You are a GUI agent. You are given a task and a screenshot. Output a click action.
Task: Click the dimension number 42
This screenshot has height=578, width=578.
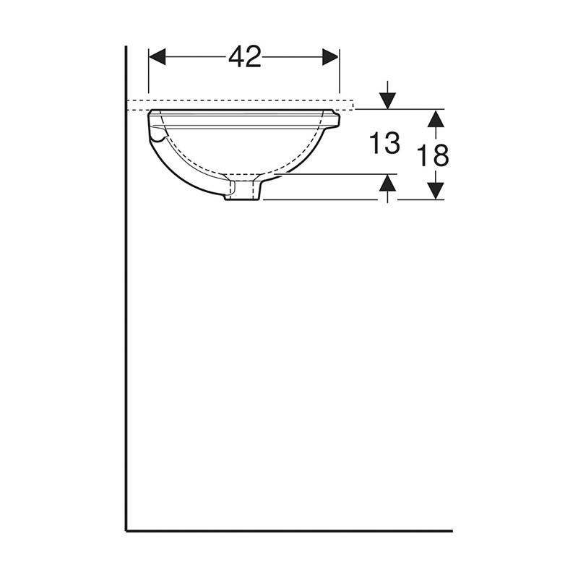tap(244, 56)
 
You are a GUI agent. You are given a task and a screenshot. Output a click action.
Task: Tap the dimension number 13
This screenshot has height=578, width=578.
tap(385, 144)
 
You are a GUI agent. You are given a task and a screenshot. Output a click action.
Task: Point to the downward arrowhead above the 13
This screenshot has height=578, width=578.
tap(388, 100)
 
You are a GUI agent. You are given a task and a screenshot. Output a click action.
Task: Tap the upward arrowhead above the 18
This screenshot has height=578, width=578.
tap(434, 118)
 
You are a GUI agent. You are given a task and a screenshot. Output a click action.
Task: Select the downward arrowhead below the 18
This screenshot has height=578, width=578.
tap(434, 191)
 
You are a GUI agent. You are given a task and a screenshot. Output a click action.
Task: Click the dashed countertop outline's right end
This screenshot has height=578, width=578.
tap(353, 105)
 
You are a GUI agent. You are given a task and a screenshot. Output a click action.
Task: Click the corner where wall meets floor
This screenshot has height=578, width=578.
tap(126, 530)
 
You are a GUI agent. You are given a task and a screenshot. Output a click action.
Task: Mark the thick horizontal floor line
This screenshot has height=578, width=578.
tap(289, 530)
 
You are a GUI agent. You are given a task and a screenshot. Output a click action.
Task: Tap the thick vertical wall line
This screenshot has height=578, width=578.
tap(126, 289)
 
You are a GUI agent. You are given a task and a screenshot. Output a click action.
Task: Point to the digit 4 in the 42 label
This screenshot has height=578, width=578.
tap(236, 56)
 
